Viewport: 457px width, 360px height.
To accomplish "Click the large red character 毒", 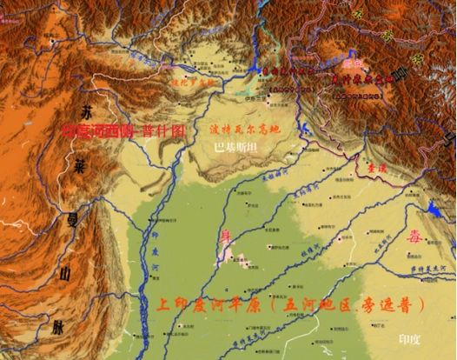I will pyautogui.click(x=412, y=237).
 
